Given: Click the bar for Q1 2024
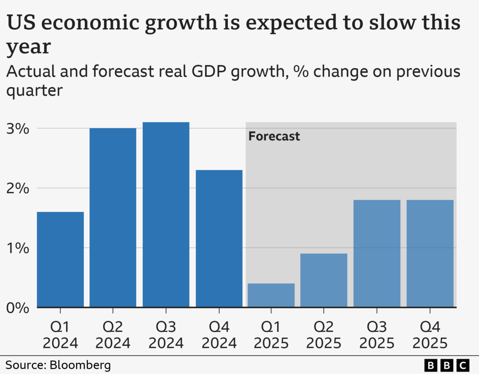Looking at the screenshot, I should [x=60, y=260].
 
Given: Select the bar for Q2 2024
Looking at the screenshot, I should [x=113, y=217].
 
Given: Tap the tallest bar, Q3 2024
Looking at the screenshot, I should [x=166, y=214].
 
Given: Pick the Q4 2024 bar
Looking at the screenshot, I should [x=219, y=239].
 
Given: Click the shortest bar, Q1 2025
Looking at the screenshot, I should [x=271, y=295].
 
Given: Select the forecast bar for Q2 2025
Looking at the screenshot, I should [x=324, y=280].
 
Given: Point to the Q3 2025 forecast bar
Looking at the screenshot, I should [x=377, y=253].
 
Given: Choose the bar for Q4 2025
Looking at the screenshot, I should [x=430, y=253].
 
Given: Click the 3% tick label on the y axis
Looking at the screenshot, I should [x=19, y=129].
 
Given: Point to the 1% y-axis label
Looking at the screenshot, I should [x=19, y=248].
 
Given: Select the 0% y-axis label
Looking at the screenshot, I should [x=19, y=308].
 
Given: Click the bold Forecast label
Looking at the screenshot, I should [x=274, y=136].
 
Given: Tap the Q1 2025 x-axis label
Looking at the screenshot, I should [x=271, y=334].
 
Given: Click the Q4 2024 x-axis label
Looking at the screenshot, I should [x=219, y=334].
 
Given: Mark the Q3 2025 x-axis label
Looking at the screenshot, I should [x=377, y=334].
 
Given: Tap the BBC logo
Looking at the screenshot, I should [x=447, y=365].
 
